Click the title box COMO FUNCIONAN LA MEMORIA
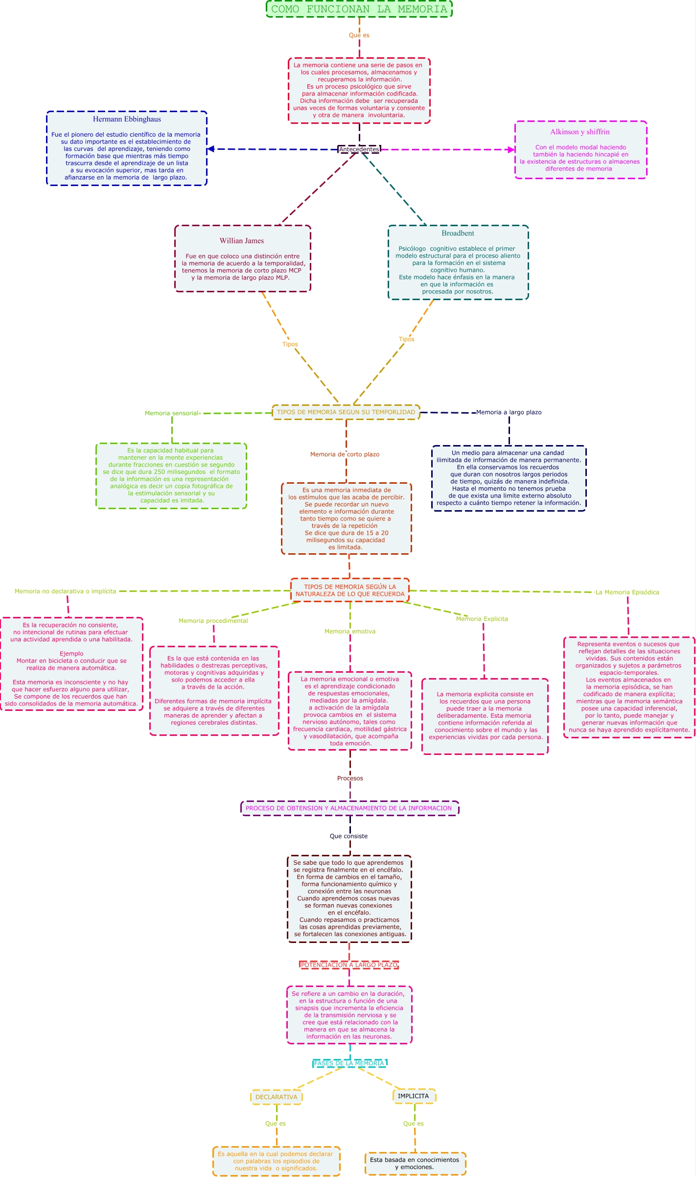click(359, 9)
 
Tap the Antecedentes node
click(359, 149)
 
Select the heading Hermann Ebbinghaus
click(127, 119)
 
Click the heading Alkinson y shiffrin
click(580, 132)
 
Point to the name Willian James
click(242, 241)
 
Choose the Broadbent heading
click(458, 234)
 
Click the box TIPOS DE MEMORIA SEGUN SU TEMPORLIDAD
click(346, 412)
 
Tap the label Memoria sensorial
click(171, 413)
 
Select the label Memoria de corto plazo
click(345, 454)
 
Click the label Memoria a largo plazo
click(509, 412)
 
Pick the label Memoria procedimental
click(213, 621)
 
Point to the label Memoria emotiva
click(350, 632)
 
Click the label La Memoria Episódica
click(627, 592)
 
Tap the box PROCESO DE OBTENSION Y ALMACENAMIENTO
click(349, 808)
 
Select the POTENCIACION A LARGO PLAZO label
click(349, 965)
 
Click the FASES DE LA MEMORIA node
click(349, 1063)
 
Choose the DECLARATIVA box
click(277, 1097)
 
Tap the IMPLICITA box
click(414, 1096)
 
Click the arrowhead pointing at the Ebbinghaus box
click(211, 149)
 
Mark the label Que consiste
click(348, 836)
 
